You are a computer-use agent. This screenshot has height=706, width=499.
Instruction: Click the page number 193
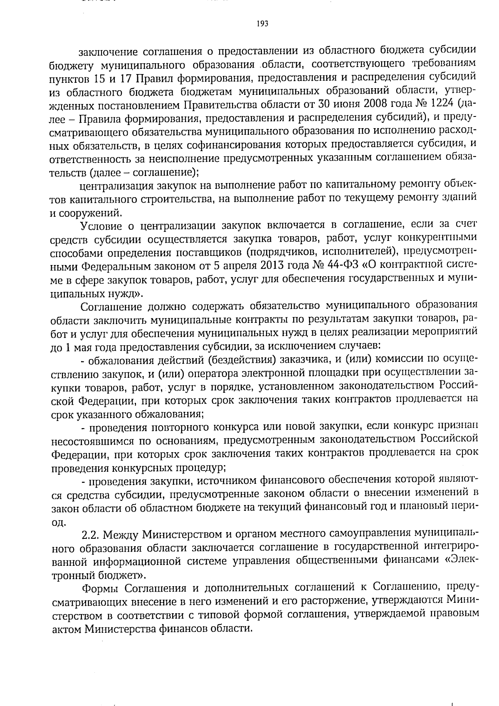262,24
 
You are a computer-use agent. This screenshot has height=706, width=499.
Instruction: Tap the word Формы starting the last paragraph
102,588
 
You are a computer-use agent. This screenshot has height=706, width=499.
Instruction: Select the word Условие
101,227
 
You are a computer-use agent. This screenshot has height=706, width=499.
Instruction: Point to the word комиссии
396,359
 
